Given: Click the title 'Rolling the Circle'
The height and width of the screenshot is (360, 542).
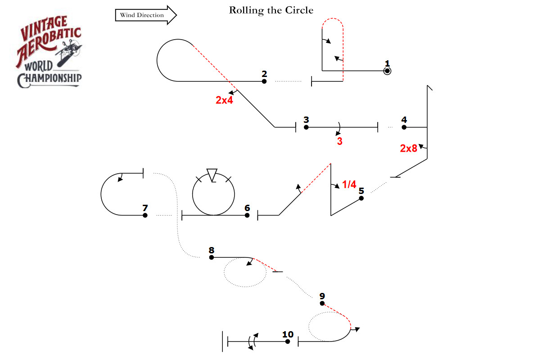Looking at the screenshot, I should click(271, 10).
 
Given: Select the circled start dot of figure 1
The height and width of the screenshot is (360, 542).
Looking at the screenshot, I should click(387, 71).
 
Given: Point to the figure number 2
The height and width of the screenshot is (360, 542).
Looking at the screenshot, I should click(264, 73).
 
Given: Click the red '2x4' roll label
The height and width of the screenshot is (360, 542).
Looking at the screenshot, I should click(224, 100).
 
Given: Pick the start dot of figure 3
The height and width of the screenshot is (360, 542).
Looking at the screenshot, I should click(306, 127).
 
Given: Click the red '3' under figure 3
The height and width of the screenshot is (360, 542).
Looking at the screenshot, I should click(340, 141).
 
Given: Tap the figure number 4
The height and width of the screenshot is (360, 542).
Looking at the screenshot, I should click(404, 120).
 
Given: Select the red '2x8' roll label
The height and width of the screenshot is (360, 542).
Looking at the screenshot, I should click(409, 148).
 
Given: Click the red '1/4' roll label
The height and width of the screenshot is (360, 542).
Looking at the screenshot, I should click(349, 184).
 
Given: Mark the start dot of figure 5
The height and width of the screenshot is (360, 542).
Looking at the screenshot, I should click(361, 198).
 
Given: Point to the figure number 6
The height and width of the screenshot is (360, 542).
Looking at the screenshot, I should click(247, 208).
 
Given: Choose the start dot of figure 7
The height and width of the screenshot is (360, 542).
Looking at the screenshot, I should click(145, 215).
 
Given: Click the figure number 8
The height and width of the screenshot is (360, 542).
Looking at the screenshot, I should click(212, 250).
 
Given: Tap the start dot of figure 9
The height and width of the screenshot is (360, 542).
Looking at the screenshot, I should click(322, 303).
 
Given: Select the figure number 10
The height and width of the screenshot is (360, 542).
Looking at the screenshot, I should click(288, 334).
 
